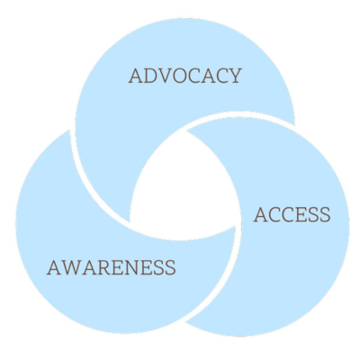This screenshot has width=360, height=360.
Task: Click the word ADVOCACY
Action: pos(185,76)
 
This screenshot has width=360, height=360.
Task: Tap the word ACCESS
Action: pos(292,214)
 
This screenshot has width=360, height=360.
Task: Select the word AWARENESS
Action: pos(112,267)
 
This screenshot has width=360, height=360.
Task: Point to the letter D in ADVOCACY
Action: pos(150,76)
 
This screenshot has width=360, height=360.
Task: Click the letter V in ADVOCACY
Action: pos(166,76)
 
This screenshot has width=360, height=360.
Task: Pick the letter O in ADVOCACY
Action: pos(181,76)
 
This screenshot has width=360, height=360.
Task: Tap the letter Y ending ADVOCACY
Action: pos(235,76)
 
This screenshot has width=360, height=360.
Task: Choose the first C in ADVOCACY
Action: pos(197,76)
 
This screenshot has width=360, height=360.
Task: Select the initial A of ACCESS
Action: pos(260,214)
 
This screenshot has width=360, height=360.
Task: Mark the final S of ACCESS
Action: pos(325,214)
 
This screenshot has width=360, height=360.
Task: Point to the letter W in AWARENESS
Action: pos(71,267)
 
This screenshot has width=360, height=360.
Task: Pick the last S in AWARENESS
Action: pos(170,267)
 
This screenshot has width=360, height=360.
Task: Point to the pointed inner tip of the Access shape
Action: pos(186,131)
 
